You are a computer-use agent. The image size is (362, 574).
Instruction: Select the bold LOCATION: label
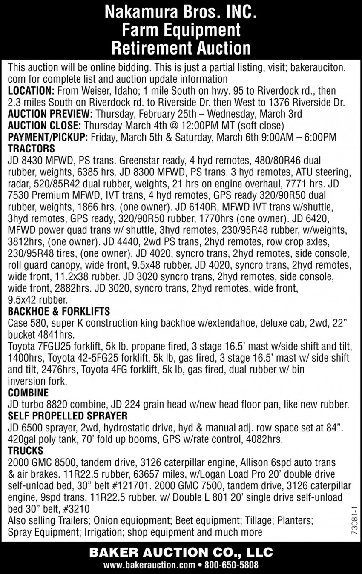[x=31, y=91]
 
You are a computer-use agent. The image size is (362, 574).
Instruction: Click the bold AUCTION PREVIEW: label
[x=50, y=114]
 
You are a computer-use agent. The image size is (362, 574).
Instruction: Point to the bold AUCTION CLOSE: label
[x=44, y=126]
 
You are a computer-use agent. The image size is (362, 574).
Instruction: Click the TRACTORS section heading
[x=32, y=149]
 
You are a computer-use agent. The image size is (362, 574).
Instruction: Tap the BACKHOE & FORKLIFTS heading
[x=59, y=311]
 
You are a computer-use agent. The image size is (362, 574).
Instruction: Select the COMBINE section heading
[x=28, y=392]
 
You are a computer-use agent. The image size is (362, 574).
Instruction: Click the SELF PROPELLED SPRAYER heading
[x=68, y=415]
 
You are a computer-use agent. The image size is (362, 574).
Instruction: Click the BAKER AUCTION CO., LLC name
[x=181, y=553]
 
